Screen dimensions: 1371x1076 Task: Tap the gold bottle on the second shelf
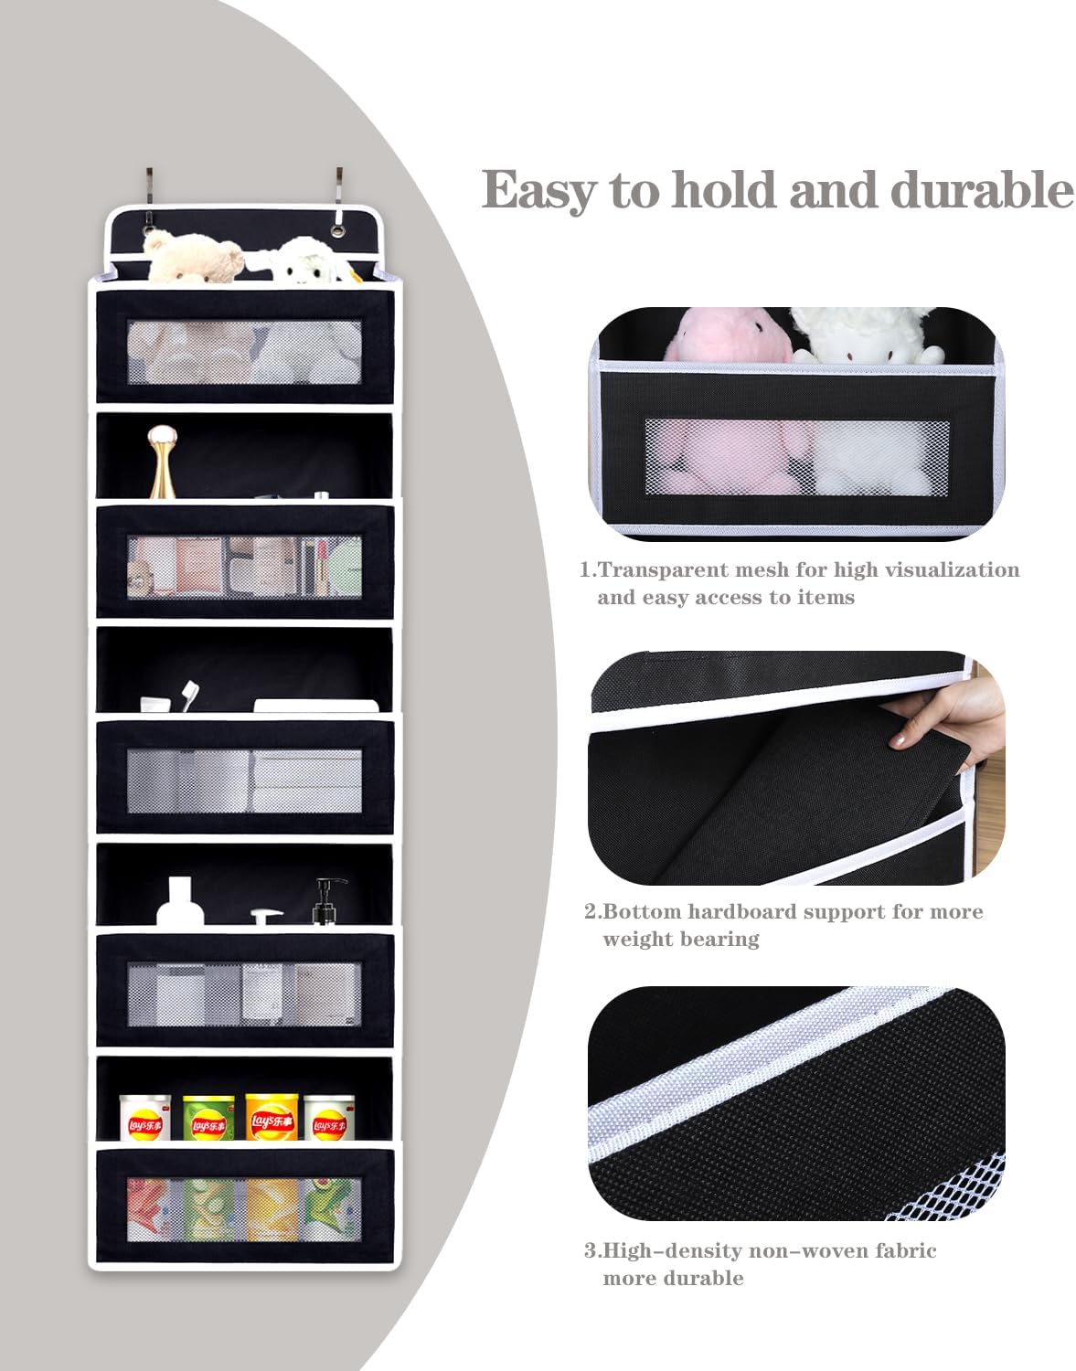162,462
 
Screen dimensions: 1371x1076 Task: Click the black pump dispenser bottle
329,901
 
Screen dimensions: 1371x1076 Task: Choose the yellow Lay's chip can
271,1117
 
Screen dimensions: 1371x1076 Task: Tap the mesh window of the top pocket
243,352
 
